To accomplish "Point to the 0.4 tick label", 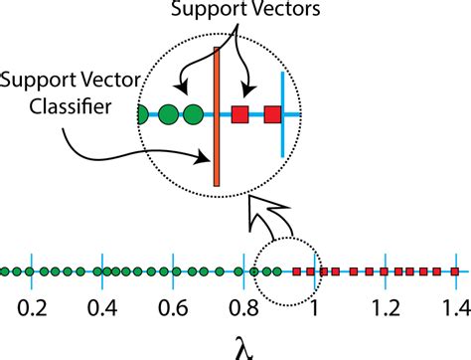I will point(100,306).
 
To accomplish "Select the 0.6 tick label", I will point(172,306).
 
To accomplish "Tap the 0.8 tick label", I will point(242,306).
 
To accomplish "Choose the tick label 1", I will point(315,306).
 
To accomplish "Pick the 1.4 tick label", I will point(456,306).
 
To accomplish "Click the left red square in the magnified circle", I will point(239,114).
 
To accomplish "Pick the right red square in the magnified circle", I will point(273,114).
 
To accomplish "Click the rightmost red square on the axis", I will point(450,271).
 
